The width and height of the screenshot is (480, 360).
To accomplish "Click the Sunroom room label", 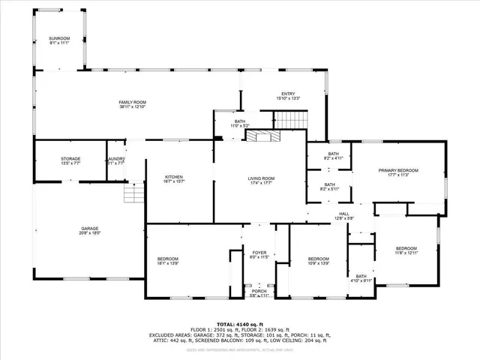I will coord(58,40).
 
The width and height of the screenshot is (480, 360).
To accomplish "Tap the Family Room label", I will coord(132,104).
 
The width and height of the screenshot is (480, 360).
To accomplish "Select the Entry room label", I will coord(289,95).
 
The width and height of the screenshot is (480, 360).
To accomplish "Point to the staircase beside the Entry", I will coord(289,119).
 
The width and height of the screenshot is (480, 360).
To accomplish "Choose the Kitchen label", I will coord(174,179).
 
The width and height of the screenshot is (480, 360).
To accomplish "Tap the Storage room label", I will coord(70,160).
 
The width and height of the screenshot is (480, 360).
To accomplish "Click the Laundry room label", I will coord(115,160).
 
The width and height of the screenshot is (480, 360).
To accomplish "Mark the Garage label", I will coord(90,230).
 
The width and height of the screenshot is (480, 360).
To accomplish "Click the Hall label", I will coord(343,215).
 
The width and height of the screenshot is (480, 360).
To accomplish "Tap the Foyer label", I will coord(259,256).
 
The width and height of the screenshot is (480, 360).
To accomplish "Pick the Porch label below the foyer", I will coord(258,293).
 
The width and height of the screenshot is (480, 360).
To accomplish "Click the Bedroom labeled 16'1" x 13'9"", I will coord(167,261).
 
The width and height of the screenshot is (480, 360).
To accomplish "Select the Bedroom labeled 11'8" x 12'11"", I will coord(406,250).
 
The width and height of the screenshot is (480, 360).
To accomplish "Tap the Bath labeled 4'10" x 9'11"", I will coord(361,278).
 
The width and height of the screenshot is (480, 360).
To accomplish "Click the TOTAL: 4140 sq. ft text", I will coord(240,324).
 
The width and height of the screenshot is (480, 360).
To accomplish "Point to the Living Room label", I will coord(262,180).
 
